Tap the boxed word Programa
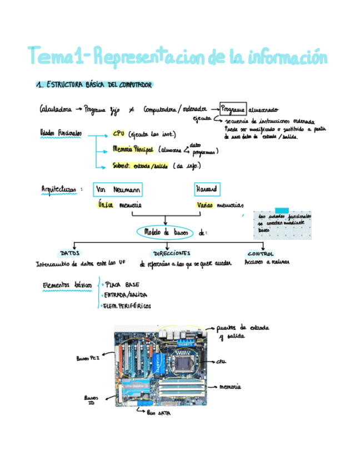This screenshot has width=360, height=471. point(232,110)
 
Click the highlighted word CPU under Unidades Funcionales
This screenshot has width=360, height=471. point(118,134)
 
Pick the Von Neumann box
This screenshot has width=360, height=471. point(118,190)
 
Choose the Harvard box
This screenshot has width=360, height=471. point(207,190)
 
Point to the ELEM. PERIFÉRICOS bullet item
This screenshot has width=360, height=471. point(127,305)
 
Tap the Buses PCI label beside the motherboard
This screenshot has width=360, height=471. point(88,359)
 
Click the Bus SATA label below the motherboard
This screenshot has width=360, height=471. point(158,414)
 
